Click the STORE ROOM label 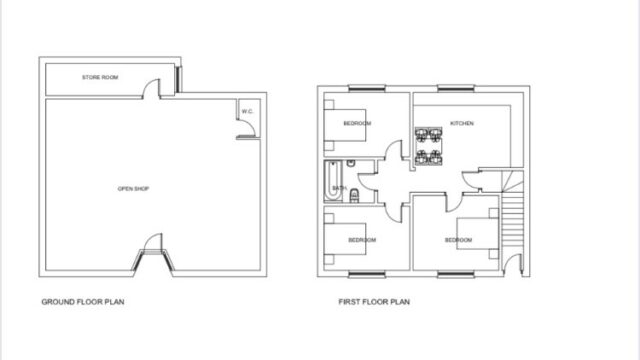tap(100, 77)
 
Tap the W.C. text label tap(247, 111)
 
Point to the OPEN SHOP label tap(133, 189)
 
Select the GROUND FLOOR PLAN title tap(83, 302)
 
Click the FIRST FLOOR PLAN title tap(374, 302)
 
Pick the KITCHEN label tap(462, 123)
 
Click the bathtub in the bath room tap(333, 181)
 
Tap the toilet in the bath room tap(354, 196)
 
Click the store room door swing tap(151, 89)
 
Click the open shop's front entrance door tap(153, 243)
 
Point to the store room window tap(178, 80)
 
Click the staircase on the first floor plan tap(512, 209)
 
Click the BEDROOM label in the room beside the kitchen tap(357, 123)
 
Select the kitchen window tap(456, 88)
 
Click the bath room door tap(367, 181)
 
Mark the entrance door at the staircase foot tap(512, 265)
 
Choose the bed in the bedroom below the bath tap(345, 239)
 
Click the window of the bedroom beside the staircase tap(456, 275)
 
